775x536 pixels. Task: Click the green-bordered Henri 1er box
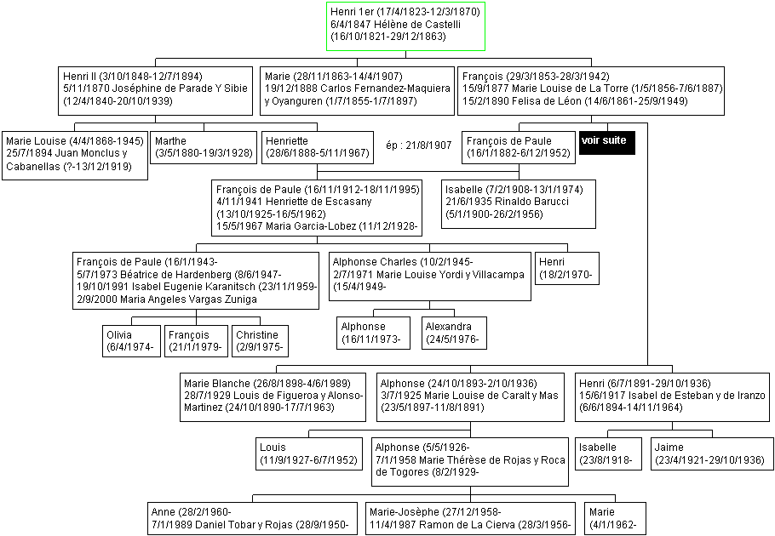(405, 26)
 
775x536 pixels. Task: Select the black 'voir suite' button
(607, 143)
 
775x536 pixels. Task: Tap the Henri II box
(155, 91)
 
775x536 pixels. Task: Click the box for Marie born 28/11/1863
(358, 91)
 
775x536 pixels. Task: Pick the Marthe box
(204, 147)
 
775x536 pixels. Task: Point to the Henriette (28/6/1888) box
(318, 147)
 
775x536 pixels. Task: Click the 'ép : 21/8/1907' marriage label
(419, 145)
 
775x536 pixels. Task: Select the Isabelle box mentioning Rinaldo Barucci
(519, 204)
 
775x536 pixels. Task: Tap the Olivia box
(131, 341)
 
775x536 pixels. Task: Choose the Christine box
(260, 341)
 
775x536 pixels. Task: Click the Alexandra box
(454, 334)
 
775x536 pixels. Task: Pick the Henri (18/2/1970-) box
(567, 269)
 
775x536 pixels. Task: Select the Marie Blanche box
(273, 397)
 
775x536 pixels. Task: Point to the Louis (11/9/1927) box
(309, 453)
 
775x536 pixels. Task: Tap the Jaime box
(712, 453)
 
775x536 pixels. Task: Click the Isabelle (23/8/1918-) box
(608, 453)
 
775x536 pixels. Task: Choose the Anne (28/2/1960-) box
(252, 519)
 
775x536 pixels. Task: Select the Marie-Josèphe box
(470, 519)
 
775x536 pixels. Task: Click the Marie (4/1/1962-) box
(616, 519)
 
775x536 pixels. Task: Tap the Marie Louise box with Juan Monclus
(75, 156)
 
